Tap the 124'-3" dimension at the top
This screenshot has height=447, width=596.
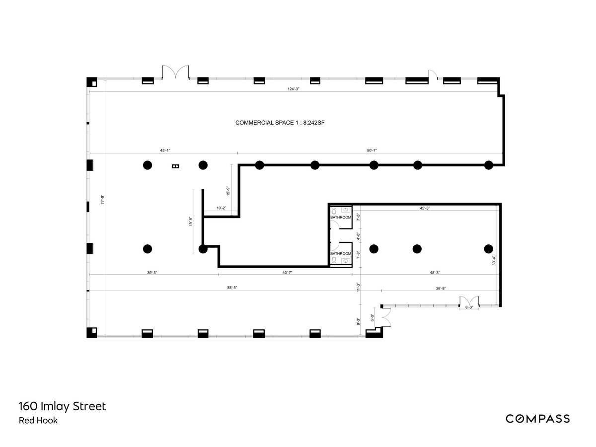tap(294, 89)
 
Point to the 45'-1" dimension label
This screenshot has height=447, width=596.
tap(165, 150)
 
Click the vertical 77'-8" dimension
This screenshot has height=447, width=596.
tap(102, 199)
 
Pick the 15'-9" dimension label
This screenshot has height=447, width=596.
tap(228, 191)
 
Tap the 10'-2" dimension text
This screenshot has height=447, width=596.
tap(221, 208)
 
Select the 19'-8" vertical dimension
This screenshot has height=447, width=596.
tap(190, 222)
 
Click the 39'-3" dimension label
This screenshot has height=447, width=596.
tap(153, 272)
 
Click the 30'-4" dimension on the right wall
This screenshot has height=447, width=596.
tap(494, 261)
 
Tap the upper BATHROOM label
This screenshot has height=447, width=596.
tap(341, 218)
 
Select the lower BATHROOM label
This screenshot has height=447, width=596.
tap(341, 254)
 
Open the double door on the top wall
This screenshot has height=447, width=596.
tap(175, 72)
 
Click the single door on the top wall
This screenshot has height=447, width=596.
tap(433, 74)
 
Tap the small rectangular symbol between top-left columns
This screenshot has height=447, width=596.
tap(175, 166)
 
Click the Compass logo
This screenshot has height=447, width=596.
tap(537, 419)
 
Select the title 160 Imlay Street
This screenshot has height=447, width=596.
tap(62, 406)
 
